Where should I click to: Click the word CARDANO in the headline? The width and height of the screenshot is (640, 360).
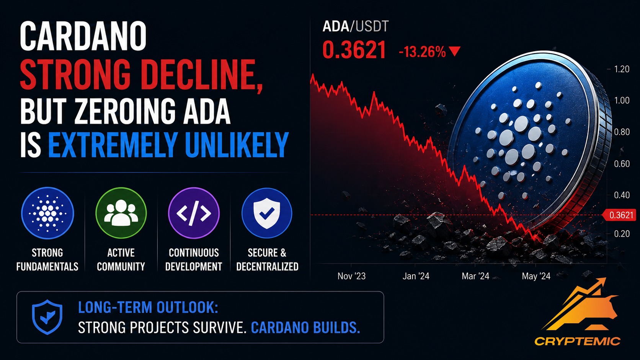point(83,36)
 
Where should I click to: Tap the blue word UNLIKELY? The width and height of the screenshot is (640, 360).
point(237,145)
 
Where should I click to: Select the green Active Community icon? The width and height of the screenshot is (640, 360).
point(121,213)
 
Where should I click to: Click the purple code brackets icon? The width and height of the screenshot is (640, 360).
point(194,213)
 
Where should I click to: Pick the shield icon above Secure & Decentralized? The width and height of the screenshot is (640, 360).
point(267,213)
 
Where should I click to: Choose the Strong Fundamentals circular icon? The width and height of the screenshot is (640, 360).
point(47,213)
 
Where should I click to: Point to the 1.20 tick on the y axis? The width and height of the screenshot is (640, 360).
point(622,69)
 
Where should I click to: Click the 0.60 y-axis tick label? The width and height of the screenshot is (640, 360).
point(622,164)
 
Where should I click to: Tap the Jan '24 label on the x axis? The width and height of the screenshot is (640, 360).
point(416,276)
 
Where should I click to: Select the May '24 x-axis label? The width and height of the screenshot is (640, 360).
point(536,276)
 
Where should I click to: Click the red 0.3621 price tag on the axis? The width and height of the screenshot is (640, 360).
point(619,215)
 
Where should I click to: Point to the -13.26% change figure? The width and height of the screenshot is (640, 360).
point(422,52)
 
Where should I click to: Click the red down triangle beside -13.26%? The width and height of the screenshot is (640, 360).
point(454,51)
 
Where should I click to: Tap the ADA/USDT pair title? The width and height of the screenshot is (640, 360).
point(356,26)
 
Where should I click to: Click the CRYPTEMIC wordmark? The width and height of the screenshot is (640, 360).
point(577,341)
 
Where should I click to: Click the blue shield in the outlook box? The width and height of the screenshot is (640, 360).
point(47,317)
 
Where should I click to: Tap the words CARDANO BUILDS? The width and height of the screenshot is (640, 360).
point(305,327)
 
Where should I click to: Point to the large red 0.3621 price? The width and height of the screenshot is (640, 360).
point(354,50)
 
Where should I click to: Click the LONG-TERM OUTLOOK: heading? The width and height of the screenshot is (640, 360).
point(148,307)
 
